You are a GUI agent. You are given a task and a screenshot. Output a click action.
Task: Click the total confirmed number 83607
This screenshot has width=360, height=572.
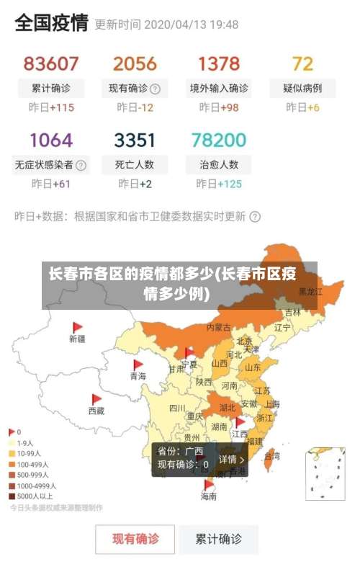click(50, 63)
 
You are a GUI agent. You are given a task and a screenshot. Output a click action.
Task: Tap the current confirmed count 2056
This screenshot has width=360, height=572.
click(135, 63)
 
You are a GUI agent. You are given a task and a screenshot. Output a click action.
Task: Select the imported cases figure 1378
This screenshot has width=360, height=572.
click(219, 63)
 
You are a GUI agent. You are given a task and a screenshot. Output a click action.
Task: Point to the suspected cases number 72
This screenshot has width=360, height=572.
click(302, 63)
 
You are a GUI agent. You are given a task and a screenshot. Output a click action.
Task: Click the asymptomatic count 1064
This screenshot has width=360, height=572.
click(50, 139)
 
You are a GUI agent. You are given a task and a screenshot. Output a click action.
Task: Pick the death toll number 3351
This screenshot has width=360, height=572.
click(135, 139)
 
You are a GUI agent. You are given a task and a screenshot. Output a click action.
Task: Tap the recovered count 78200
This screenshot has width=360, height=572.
click(219, 139)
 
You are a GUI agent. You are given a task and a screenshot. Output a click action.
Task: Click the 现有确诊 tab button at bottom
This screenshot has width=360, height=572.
click(135, 539)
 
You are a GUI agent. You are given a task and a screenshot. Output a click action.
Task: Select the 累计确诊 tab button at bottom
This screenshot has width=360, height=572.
click(219, 539)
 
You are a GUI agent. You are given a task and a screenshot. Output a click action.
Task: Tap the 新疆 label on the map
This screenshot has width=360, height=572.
click(77, 338)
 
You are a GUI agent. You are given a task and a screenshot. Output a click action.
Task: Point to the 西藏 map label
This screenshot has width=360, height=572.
click(96, 411)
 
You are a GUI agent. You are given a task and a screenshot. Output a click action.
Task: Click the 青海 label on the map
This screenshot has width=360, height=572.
click(138, 376)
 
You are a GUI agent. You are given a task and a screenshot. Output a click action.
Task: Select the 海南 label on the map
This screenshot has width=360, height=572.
click(208, 496)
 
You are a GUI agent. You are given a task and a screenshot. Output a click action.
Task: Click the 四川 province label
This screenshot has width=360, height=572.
click(177, 408)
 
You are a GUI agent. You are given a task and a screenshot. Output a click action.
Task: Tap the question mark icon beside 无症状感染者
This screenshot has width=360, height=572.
click(81, 165)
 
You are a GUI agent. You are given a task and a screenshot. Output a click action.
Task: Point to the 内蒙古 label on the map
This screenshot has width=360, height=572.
click(219, 327)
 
